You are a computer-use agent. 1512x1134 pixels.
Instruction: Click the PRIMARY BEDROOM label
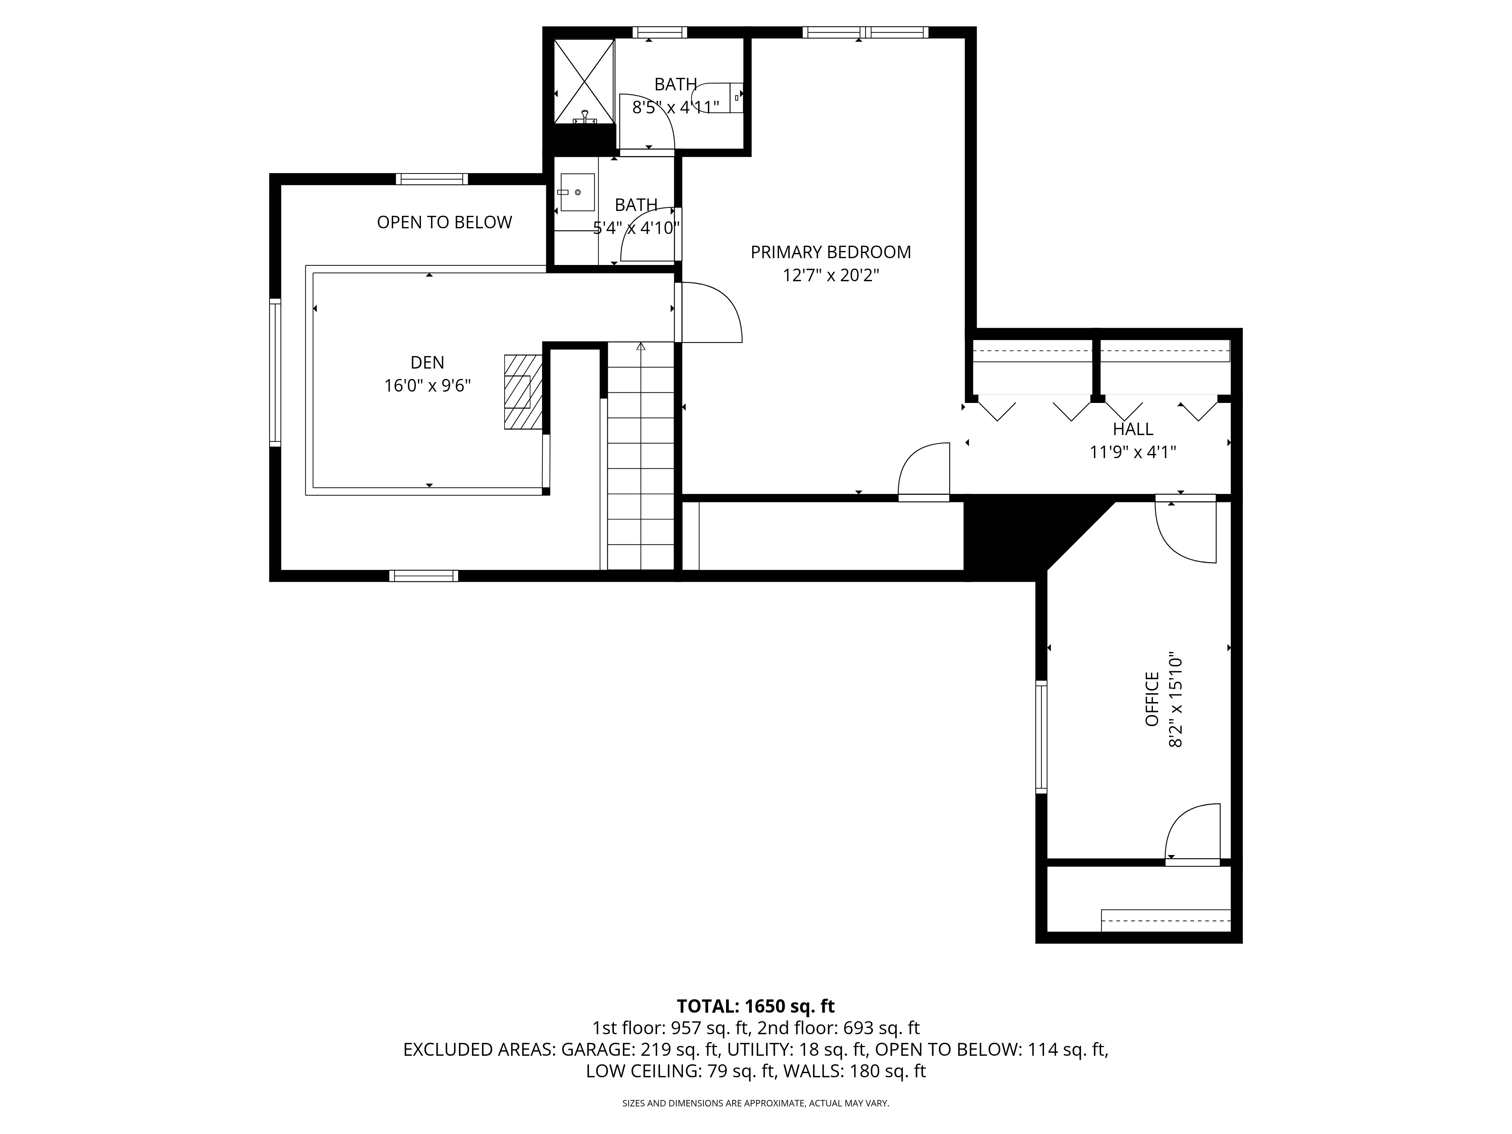(830, 252)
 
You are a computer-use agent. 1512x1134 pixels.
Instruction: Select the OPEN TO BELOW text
(444, 222)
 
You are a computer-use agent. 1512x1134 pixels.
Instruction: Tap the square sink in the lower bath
(577, 192)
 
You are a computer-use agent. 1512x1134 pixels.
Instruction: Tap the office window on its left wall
(1041, 737)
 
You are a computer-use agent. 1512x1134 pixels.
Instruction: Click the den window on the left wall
(275, 373)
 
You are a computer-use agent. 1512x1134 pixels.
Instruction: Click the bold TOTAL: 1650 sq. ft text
(755, 1006)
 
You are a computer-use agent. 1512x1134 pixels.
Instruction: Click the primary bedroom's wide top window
(865, 32)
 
